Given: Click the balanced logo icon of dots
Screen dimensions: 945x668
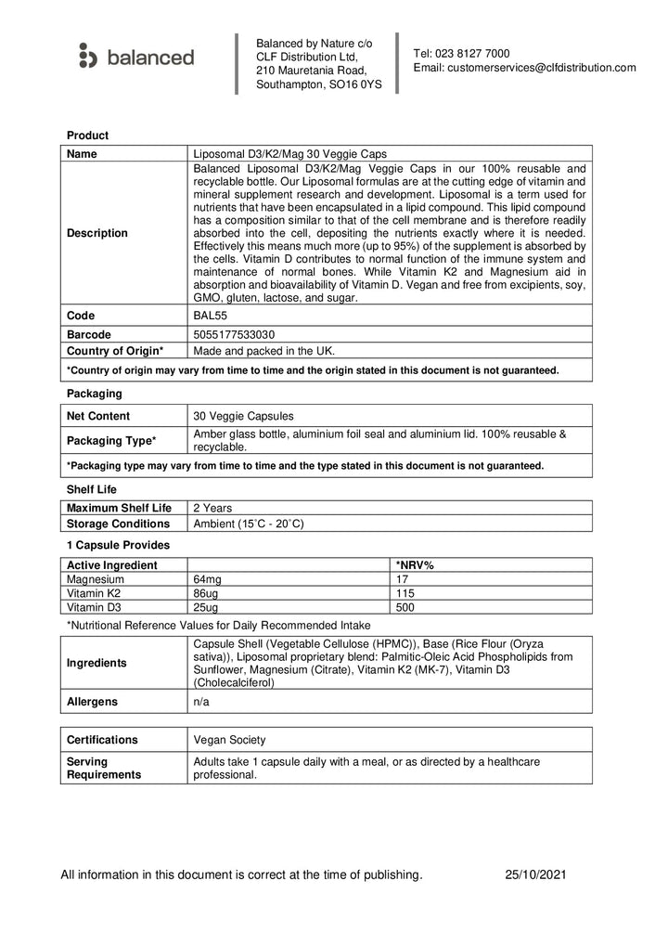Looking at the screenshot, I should point(87,57).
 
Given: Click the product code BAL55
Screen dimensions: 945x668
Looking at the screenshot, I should point(209,317).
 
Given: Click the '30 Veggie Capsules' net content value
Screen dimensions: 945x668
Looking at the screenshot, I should point(244,416).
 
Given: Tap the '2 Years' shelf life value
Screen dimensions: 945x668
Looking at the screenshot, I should point(212,508).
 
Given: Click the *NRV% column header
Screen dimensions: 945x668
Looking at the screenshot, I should point(415,564).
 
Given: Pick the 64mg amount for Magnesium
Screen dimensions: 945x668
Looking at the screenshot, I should point(207,579).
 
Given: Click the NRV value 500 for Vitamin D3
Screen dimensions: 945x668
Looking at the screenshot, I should point(405,608).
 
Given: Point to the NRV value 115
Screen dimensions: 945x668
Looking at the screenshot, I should point(405,593).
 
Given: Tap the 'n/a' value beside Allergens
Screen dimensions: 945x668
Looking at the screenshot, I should point(201,702).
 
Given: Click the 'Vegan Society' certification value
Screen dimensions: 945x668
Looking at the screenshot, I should point(229,740).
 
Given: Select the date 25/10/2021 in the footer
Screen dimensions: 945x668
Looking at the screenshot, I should point(536,874).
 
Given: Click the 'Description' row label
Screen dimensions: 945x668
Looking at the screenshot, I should point(97,233).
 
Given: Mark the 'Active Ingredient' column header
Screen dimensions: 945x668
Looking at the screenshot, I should point(112,564).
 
